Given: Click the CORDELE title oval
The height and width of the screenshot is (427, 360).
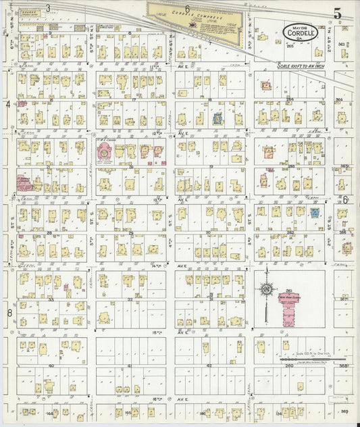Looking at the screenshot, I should point(291,32).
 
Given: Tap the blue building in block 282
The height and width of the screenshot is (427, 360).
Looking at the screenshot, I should point(315,212).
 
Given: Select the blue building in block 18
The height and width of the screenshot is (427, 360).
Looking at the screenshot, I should point(218,119).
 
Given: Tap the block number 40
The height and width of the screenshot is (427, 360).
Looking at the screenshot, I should point(51,366).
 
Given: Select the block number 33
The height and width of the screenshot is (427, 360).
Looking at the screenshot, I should point(51,298).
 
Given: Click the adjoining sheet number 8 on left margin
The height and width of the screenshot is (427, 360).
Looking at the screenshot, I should point(9,313).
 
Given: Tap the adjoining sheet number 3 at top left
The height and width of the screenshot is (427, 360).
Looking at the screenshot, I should point(47,9).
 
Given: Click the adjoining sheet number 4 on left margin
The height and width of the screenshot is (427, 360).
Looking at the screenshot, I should point(8,105).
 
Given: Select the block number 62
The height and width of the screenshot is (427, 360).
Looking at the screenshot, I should point(209,366).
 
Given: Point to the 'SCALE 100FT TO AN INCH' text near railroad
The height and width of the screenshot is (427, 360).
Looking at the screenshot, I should point(305,65).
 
